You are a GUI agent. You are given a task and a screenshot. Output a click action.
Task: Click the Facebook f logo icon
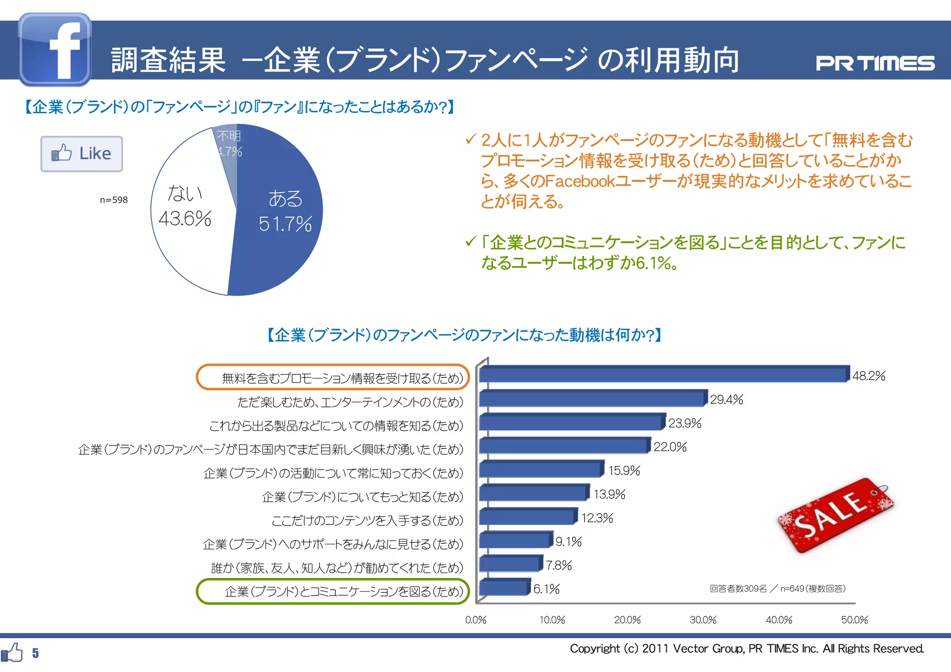(x=55, y=49)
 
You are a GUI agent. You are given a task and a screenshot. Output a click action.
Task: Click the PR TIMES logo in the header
(x=875, y=63)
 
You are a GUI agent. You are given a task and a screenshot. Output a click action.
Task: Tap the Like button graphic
(x=82, y=154)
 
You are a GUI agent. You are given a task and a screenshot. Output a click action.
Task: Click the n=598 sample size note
(x=114, y=200)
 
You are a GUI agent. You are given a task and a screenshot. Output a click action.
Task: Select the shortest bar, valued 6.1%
(x=504, y=588)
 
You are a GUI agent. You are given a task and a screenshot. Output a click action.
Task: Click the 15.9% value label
(x=624, y=471)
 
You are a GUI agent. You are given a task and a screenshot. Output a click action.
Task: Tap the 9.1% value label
(x=568, y=542)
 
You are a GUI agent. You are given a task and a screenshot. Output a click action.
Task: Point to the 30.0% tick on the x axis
(x=703, y=620)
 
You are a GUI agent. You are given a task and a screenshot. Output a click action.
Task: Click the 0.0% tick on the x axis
(x=475, y=620)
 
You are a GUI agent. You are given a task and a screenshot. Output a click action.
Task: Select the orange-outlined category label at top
(x=332, y=378)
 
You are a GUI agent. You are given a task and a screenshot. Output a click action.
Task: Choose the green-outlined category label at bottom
(x=332, y=591)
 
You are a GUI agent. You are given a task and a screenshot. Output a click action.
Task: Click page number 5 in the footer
(x=35, y=653)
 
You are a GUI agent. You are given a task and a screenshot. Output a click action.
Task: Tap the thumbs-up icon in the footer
(x=12, y=653)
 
